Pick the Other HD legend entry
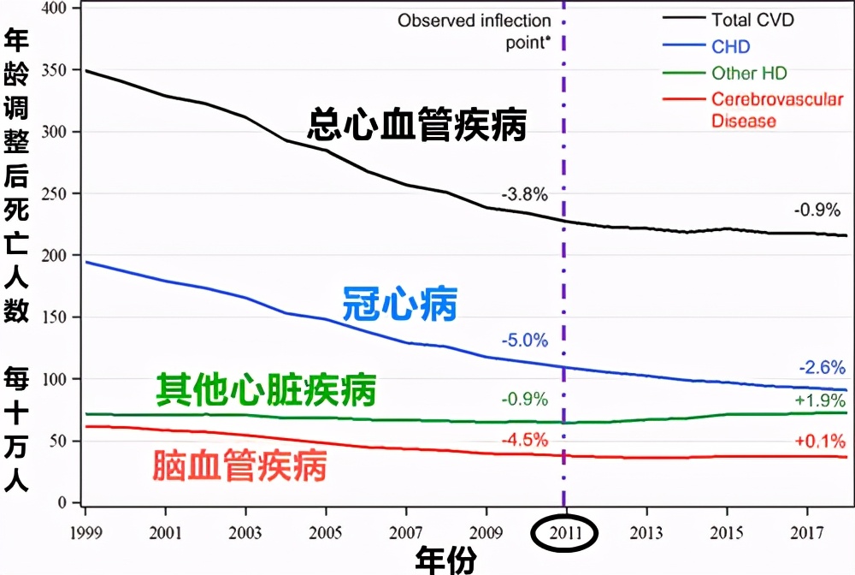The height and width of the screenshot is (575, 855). click(749, 74)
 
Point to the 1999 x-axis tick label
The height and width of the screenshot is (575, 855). click(85, 531)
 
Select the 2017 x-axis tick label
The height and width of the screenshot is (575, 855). click(805, 531)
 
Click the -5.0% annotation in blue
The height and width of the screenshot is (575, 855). click(525, 341)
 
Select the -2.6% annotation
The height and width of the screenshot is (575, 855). click(822, 367)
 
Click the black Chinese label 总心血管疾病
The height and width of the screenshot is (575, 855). click(416, 127)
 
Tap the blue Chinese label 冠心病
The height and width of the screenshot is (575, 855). click(400, 304)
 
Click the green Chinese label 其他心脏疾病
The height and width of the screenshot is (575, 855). click(266, 391)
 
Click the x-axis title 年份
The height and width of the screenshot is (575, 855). click(445, 560)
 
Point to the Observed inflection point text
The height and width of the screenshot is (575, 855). click(474, 31)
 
